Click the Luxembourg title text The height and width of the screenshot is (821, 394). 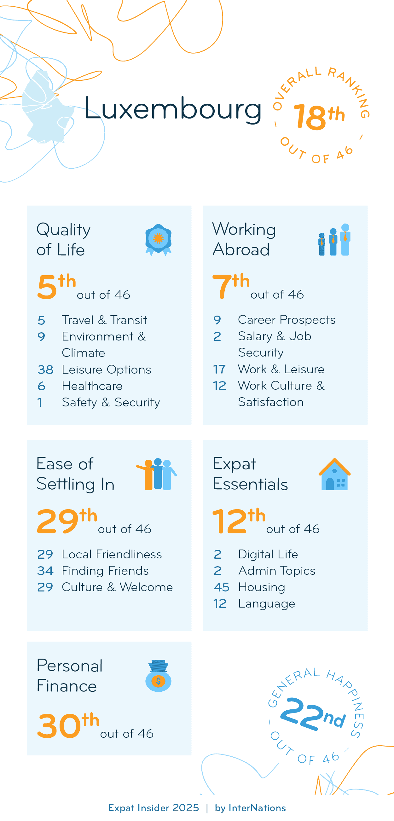tap(173, 109)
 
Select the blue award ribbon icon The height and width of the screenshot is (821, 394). tap(158, 239)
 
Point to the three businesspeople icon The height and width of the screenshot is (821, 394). tap(334, 240)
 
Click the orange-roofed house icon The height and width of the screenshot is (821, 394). tap(334, 474)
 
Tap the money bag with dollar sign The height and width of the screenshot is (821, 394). tap(158, 676)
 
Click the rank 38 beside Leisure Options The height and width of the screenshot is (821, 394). tap(45, 370)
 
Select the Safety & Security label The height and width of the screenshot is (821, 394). tap(111, 403)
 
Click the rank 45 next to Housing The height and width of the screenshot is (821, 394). tap(221, 587)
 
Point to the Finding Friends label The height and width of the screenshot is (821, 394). tap(105, 571)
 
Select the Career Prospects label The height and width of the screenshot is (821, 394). tap(287, 320)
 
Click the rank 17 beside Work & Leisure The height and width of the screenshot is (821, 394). tap(219, 370)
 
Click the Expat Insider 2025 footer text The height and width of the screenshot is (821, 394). tap(153, 808)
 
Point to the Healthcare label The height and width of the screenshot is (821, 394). tap(92, 386)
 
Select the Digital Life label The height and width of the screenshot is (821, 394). tap(268, 554)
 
